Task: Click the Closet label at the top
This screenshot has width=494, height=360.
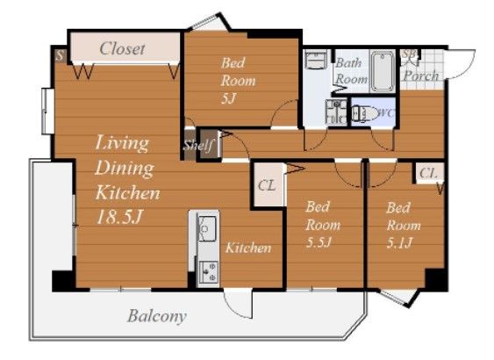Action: [x=122, y=48]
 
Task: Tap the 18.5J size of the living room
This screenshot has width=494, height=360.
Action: [x=119, y=217]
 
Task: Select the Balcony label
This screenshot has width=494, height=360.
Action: [x=156, y=315]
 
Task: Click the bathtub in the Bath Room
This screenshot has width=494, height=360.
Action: [x=383, y=71]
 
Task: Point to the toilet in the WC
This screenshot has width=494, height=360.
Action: [x=364, y=112]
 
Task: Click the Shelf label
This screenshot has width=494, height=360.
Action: [x=199, y=146]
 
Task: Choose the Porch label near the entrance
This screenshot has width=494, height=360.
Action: [x=421, y=76]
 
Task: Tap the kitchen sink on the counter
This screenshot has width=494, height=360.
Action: [x=207, y=228]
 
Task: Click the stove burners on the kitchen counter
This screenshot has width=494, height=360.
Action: [x=209, y=272]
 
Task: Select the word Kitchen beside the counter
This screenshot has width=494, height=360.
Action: [x=248, y=248]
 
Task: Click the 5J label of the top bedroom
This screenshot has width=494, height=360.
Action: [x=229, y=98]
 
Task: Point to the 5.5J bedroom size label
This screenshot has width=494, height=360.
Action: [x=319, y=242]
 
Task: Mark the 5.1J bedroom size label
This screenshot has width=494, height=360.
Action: [x=399, y=242]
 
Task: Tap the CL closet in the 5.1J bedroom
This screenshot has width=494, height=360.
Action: [x=429, y=173]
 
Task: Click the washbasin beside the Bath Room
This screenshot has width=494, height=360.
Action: [x=316, y=60]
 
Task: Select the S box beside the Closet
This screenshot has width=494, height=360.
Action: [x=60, y=55]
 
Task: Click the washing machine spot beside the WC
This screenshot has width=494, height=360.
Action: [x=336, y=112]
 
